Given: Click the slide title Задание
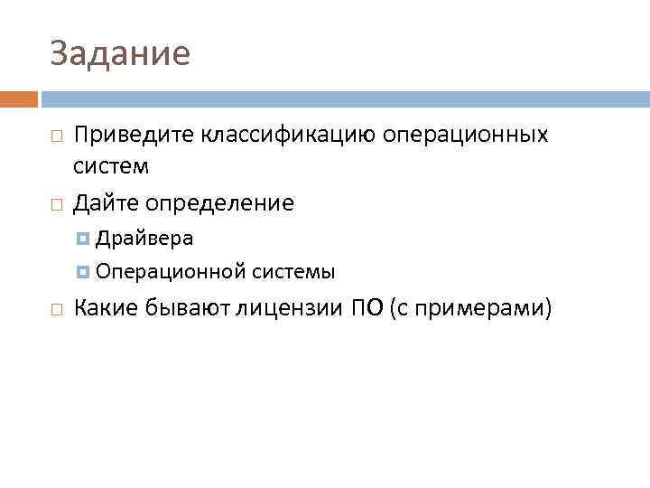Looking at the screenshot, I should click(x=120, y=54).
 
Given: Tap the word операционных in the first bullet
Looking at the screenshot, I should click(x=466, y=135).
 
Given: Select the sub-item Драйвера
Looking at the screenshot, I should click(x=144, y=239).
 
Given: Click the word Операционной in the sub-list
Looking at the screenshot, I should click(x=171, y=271).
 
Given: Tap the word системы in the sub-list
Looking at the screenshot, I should click(x=294, y=271).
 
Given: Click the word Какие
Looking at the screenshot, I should click(x=107, y=308).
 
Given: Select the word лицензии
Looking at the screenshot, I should click(x=290, y=308).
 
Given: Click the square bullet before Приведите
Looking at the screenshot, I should click(x=56, y=136).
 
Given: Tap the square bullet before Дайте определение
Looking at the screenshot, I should click(x=56, y=204).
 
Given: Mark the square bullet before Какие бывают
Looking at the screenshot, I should click(x=56, y=310).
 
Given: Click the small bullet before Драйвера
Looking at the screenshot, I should click(x=83, y=239).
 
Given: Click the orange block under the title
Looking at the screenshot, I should click(x=19, y=99).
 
